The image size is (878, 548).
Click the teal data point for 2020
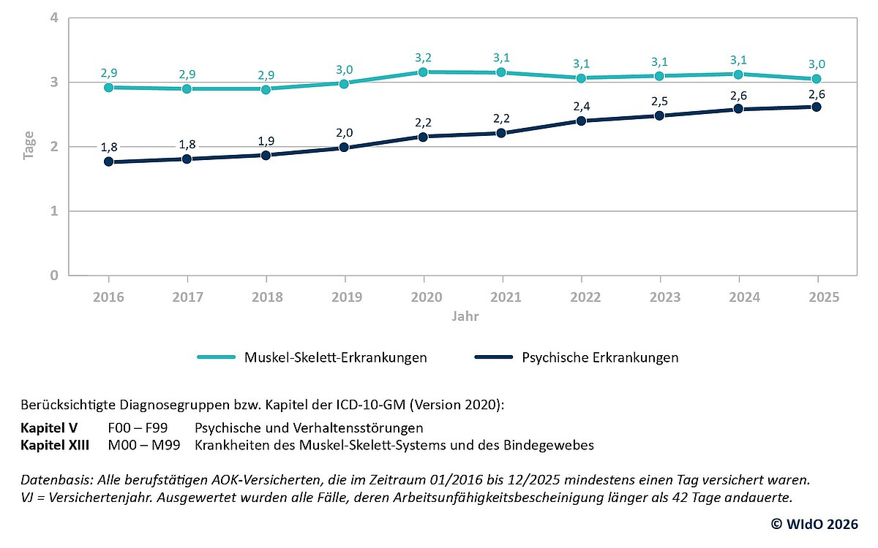tap(424, 72)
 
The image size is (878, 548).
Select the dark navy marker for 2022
tap(581, 121)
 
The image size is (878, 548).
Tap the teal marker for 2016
tap(108, 87)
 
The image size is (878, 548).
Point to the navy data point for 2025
tap(817, 107)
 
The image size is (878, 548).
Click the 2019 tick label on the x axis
tap(345, 298)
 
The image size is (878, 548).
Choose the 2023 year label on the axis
tap(660, 298)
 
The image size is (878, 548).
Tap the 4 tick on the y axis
tap(54, 18)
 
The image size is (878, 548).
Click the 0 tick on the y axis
tap(54, 275)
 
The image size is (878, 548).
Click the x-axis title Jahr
tap(463, 317)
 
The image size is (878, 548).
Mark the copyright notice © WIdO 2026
tap(815, 524)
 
